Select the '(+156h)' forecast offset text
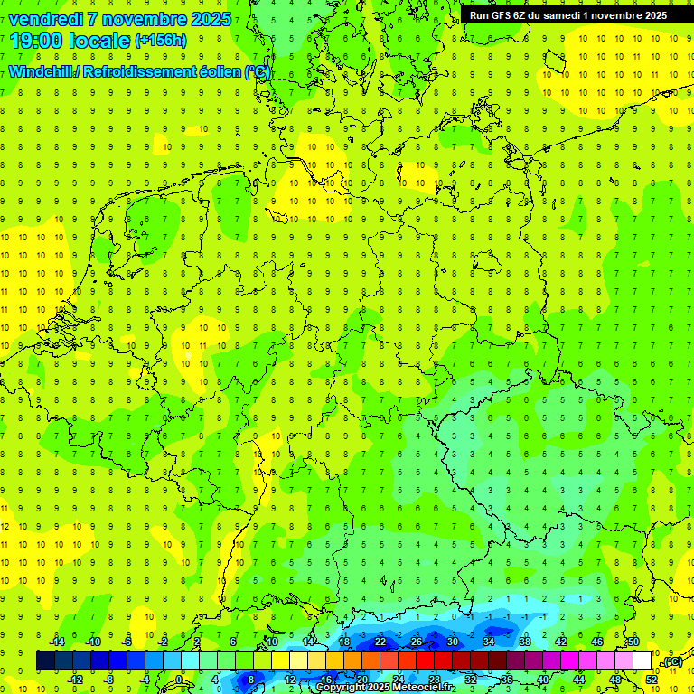tap(161, 40)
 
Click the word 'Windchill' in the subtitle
tap(40, 71)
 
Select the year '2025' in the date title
tap(204, 19)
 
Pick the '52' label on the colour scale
tap(652, 679)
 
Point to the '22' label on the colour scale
tap(380, 642)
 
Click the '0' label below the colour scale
tap(179, 679)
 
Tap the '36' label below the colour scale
tap(507, 679)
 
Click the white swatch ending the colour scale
tap(642, 661)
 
